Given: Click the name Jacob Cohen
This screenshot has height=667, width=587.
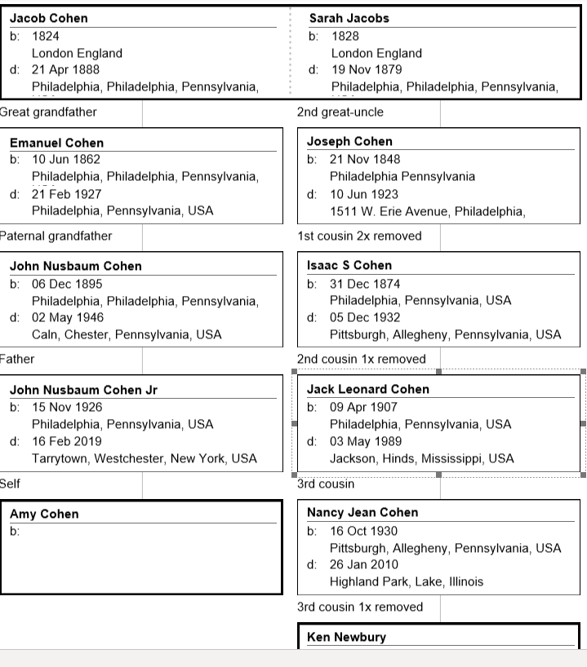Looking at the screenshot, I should click(x=48, y=18).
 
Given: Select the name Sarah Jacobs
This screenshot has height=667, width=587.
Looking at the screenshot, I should click(x=349, y=18).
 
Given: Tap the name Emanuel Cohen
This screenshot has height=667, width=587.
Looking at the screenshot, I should click(x=56, y=143).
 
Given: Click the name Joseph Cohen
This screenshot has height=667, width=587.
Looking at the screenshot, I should click(x=349, y=141).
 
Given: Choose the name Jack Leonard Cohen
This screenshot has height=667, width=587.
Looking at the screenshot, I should click(x=367, y=389).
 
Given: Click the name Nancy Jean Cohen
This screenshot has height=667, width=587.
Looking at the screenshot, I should click(x=362, y=512).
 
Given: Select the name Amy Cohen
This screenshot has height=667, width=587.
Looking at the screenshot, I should click(x=44, y=514).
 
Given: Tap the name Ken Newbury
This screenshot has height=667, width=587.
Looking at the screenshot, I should click(x=346, y=637).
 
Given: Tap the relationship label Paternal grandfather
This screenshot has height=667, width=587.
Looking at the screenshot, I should click(x=56, y=236).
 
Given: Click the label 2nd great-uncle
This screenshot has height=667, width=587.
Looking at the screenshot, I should click(x=340, y=112).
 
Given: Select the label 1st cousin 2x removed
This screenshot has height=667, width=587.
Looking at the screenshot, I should click(x=359, y=236).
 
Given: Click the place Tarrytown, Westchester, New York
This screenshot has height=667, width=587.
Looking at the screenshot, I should click(x=144, y=458).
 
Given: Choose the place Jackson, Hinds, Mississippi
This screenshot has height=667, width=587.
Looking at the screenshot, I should click(x=421, y=458).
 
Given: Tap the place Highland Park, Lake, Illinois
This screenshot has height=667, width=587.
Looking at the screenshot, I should click(x=406, y=581).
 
